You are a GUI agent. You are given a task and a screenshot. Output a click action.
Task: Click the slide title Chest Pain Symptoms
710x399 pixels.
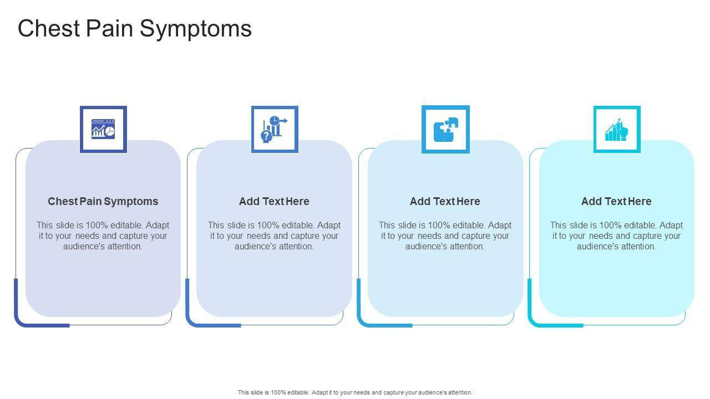(135, 28)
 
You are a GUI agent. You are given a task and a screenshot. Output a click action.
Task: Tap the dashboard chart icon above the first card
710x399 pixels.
(103, 129)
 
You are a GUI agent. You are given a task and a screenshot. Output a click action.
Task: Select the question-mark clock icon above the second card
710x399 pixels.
(275, 129)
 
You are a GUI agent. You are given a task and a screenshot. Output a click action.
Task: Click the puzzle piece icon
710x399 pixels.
(445, 129)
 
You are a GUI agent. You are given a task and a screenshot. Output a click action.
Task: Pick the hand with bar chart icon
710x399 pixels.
(617, 129)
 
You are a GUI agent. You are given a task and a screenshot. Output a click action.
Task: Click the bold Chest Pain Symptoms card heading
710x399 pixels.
(103, 201)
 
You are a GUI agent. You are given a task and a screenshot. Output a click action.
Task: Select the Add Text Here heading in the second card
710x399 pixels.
(274, 201)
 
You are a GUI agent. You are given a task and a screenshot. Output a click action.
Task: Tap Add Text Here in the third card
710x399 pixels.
(445, 201)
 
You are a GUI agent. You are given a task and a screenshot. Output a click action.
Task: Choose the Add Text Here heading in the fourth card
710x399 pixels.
(616, 201)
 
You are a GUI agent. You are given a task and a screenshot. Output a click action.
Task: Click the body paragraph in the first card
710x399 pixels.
(103, 236)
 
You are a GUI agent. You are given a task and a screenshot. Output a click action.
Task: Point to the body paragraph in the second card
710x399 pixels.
(274, 236)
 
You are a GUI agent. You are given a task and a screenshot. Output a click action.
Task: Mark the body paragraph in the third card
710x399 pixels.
(445, 236)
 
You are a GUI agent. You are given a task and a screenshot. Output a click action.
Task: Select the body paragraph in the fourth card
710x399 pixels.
(616, 236)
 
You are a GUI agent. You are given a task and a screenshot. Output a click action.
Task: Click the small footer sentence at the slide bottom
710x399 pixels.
(355, 392)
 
